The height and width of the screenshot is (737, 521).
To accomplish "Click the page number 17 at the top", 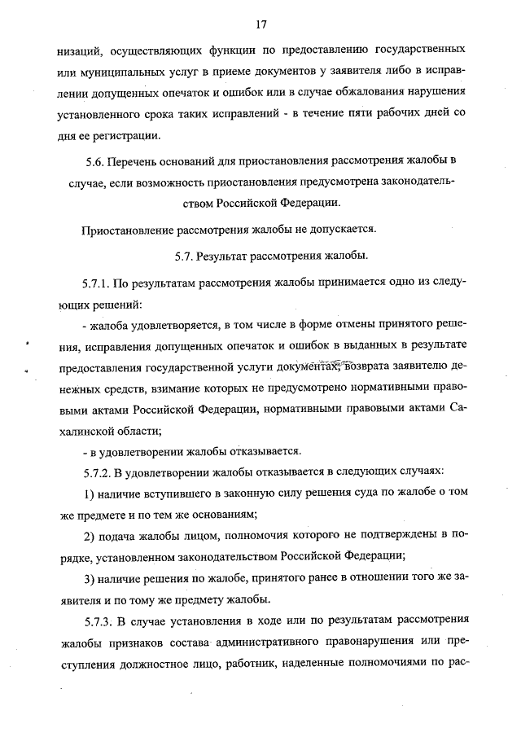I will (x=260, y=21).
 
